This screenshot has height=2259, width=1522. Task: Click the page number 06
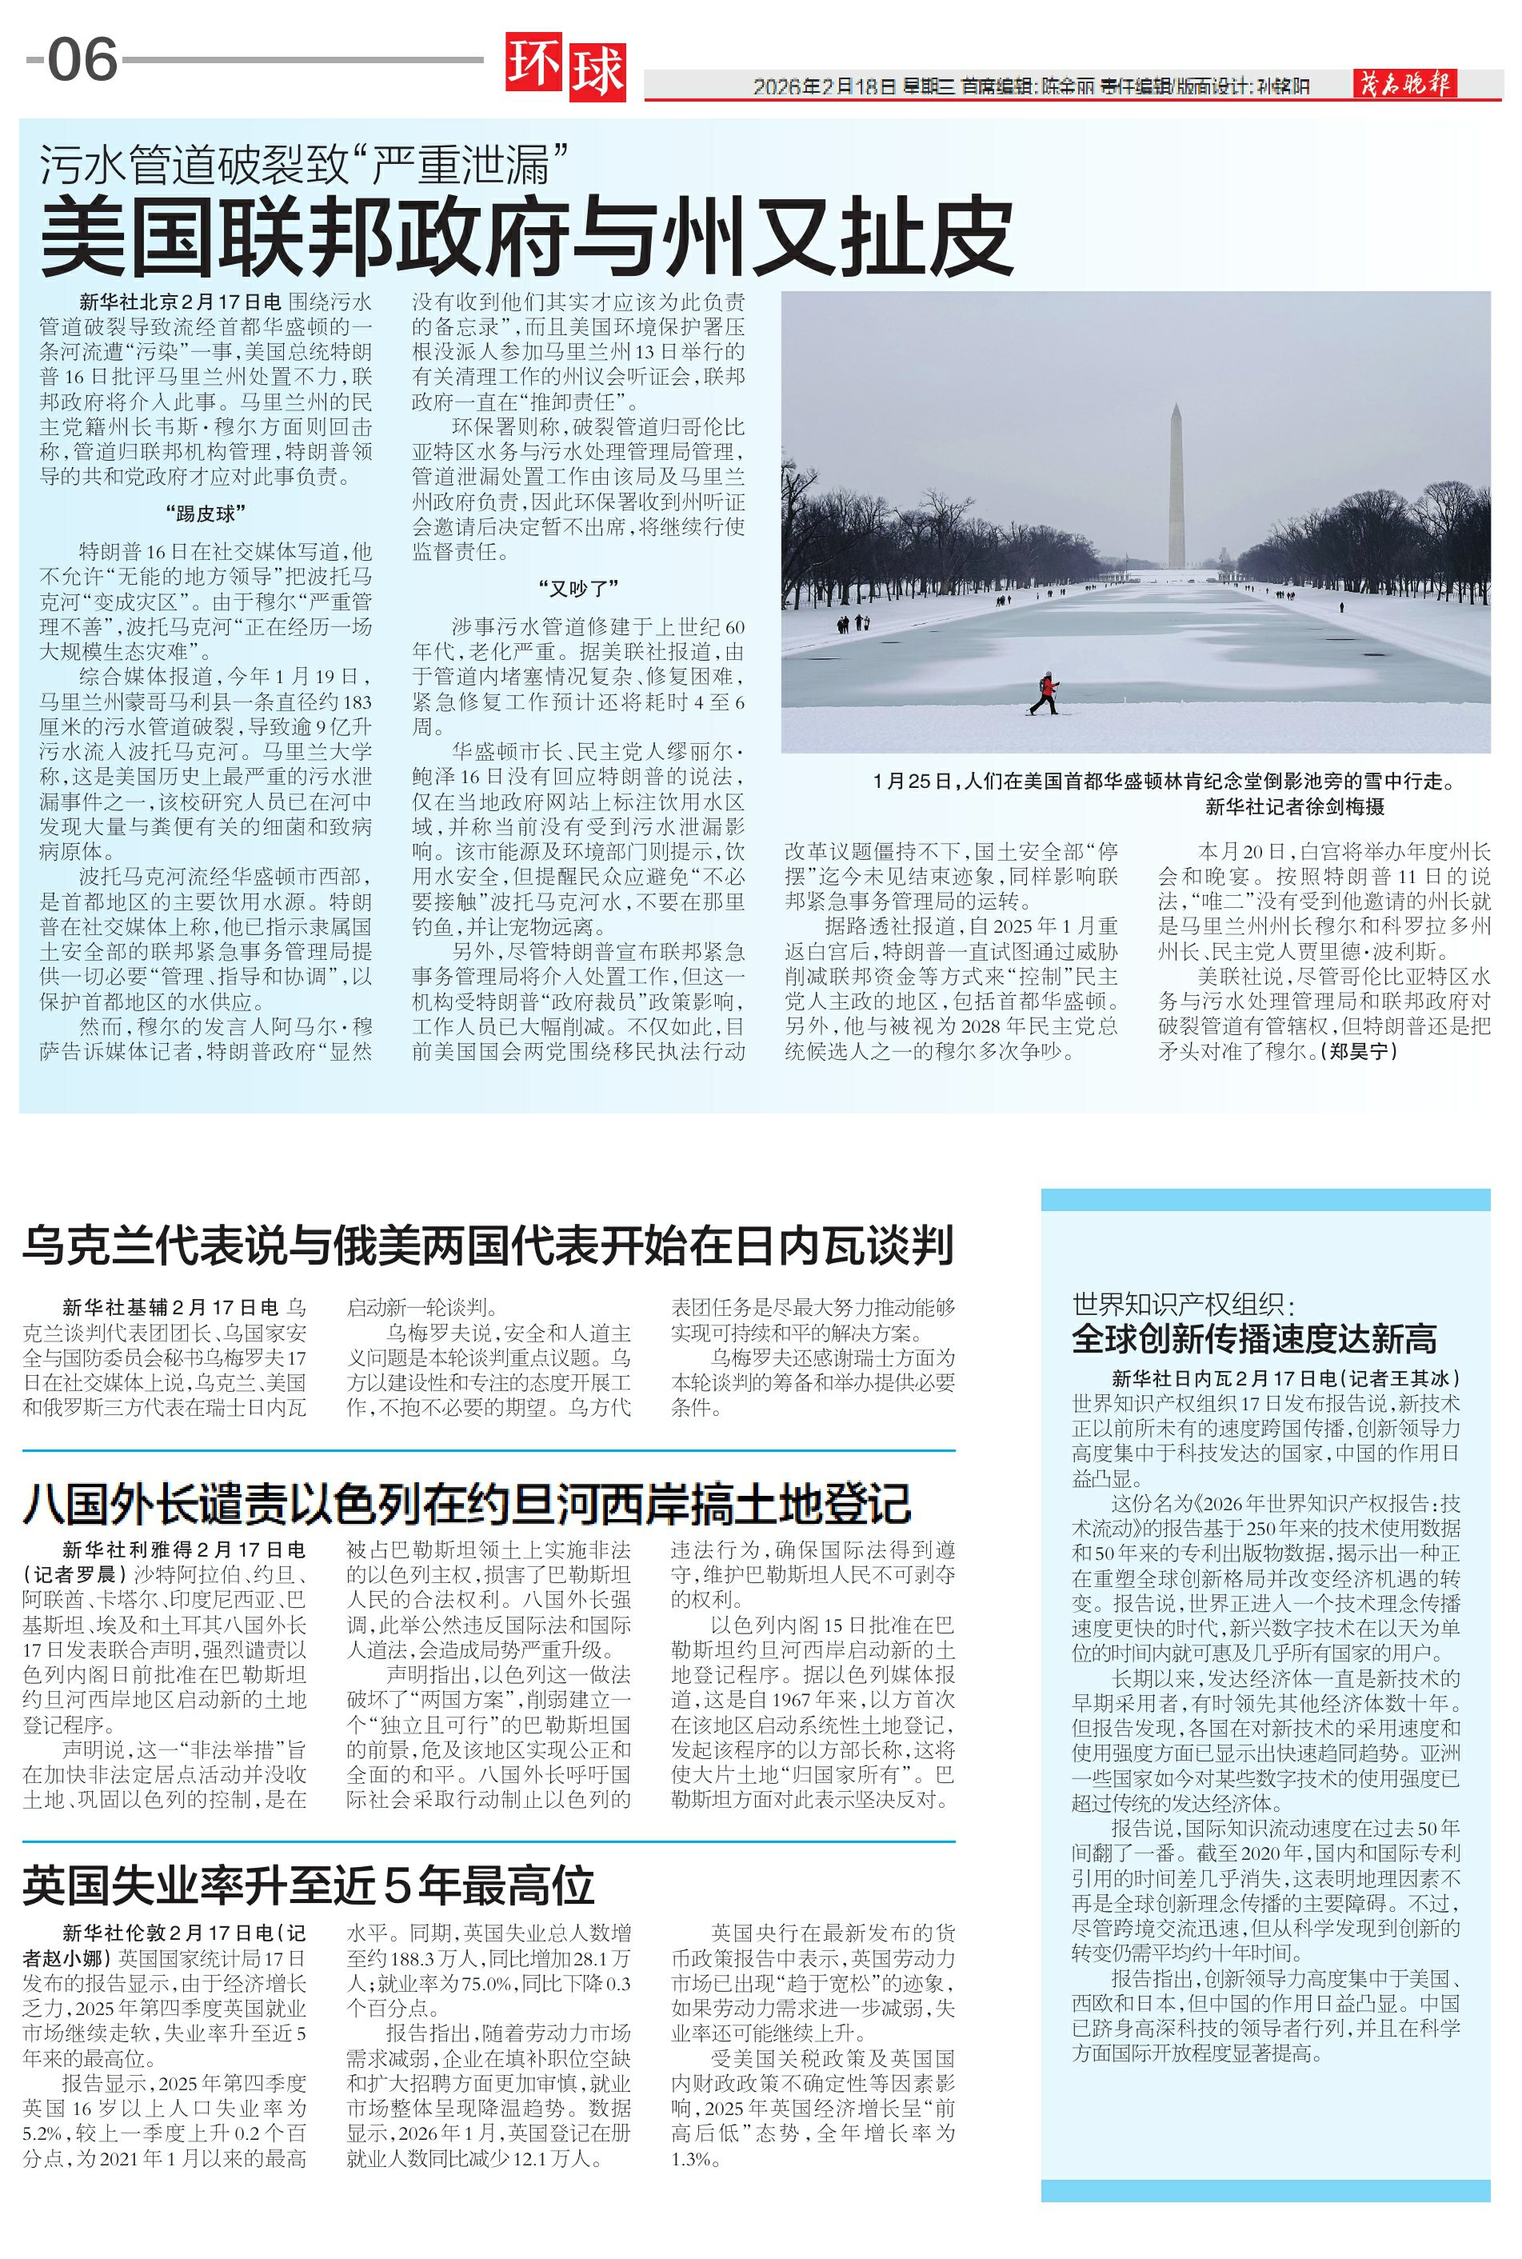[82, 60]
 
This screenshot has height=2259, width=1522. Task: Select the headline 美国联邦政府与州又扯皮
[526, 235]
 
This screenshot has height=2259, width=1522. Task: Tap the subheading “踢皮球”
[206, 514]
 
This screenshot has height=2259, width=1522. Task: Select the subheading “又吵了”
[578, 588]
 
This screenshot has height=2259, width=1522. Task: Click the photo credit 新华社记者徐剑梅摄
[1295, 806]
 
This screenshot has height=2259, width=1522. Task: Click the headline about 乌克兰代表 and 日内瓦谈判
[488, 1245]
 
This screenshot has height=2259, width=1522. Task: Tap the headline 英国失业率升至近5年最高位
[309, 1885]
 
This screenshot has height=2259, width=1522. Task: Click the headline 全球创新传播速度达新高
[1254, 1339]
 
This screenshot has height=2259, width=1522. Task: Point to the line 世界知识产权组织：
[1183, 1304]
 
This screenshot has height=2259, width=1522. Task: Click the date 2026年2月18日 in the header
[824, 86]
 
